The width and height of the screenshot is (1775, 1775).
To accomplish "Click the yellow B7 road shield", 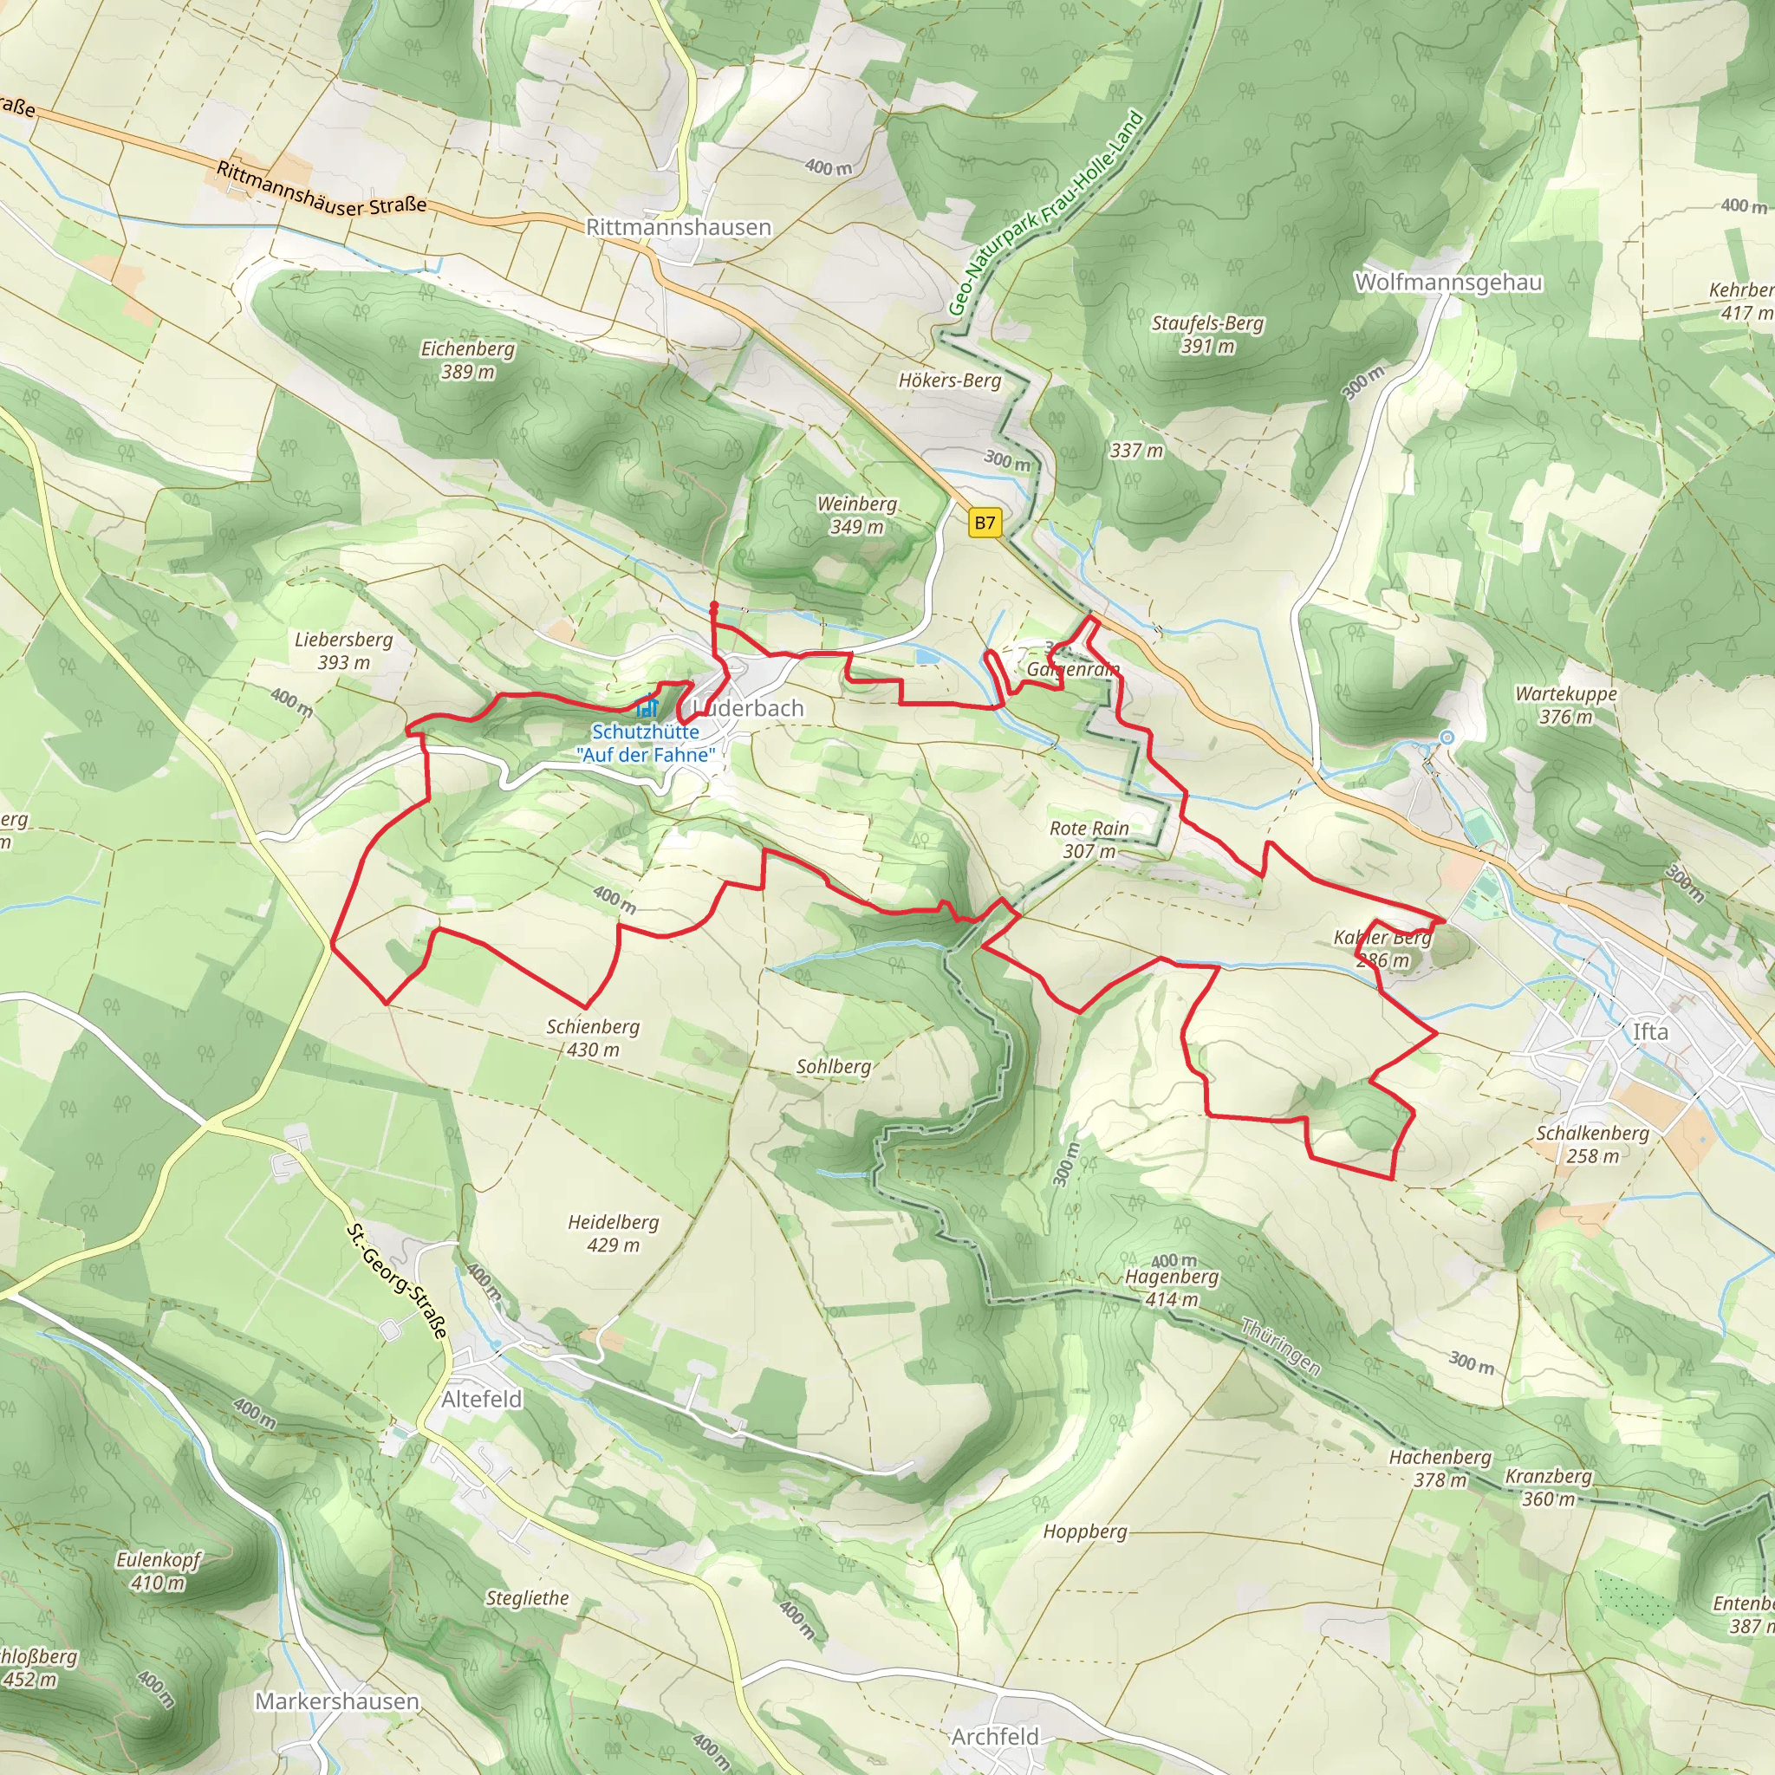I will [x=984, y=523].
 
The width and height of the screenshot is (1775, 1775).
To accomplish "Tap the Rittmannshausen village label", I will [x=678, y=227].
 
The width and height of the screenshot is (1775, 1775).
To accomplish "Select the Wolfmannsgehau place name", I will [x=1448, y=282].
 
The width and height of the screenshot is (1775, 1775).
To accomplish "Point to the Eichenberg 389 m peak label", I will [x=468, y=359].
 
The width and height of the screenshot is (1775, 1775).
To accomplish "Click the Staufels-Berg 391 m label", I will [x=1207, y=335].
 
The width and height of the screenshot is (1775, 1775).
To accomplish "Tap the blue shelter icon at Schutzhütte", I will [x=647, y=707].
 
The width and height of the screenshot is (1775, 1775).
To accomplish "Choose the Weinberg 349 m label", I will [x=856, y=515].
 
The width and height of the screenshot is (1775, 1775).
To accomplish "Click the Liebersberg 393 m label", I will [x=343, y=651].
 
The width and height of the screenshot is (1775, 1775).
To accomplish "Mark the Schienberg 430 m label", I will [x=593, y=1037].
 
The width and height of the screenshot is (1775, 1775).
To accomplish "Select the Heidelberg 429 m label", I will [x=613, y=1233].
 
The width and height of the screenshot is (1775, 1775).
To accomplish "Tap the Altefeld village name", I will [x=481, y=1398].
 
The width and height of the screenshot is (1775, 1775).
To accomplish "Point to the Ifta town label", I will [x=1649, y=1031].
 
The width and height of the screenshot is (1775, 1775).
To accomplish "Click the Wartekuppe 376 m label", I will [x=1565, y=705].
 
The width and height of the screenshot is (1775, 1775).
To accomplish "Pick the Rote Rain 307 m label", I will [x=1089, y=839].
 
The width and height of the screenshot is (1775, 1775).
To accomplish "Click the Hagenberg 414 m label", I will [x=1172, y=1286].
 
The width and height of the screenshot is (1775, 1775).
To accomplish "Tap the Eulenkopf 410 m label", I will [x=158, y=1570].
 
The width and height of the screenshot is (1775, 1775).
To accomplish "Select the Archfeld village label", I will [x=995, y=1736].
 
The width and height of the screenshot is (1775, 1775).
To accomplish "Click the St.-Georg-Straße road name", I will [x=397, y=1281].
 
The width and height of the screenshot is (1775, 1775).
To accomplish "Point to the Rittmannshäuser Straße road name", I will [x=322, y=188].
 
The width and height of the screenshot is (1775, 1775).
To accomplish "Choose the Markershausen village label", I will [x=336, y=1700].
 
